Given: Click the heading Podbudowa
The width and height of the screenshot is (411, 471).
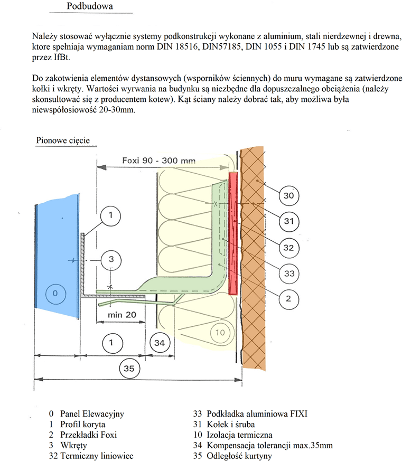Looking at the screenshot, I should (x=90, y=7).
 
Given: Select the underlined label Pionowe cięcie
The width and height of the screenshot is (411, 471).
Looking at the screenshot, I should (x=62, y=141).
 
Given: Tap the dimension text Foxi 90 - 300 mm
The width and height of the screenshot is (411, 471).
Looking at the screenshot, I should (x=158, y=160).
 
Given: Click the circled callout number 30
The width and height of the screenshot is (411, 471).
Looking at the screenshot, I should (x=288, y=196).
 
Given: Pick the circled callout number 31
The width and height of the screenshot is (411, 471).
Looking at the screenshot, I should (x=288, y=222).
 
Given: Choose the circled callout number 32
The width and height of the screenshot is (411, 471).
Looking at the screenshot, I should (x=288, y=248).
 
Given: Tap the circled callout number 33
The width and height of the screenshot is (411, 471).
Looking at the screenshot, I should (x=288, y=274).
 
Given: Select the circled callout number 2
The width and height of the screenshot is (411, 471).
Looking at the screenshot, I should (x=288, y=299).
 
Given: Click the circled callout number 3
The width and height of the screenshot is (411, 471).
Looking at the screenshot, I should (x=111, y=259).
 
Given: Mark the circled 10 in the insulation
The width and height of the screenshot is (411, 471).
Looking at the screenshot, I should (x=221, y=333).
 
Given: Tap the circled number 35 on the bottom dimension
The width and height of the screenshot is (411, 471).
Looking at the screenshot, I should (x=129, y=369).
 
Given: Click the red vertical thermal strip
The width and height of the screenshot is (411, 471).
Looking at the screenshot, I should (x=233, y=232).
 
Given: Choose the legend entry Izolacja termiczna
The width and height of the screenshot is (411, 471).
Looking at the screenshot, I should (x=240, y=435).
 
